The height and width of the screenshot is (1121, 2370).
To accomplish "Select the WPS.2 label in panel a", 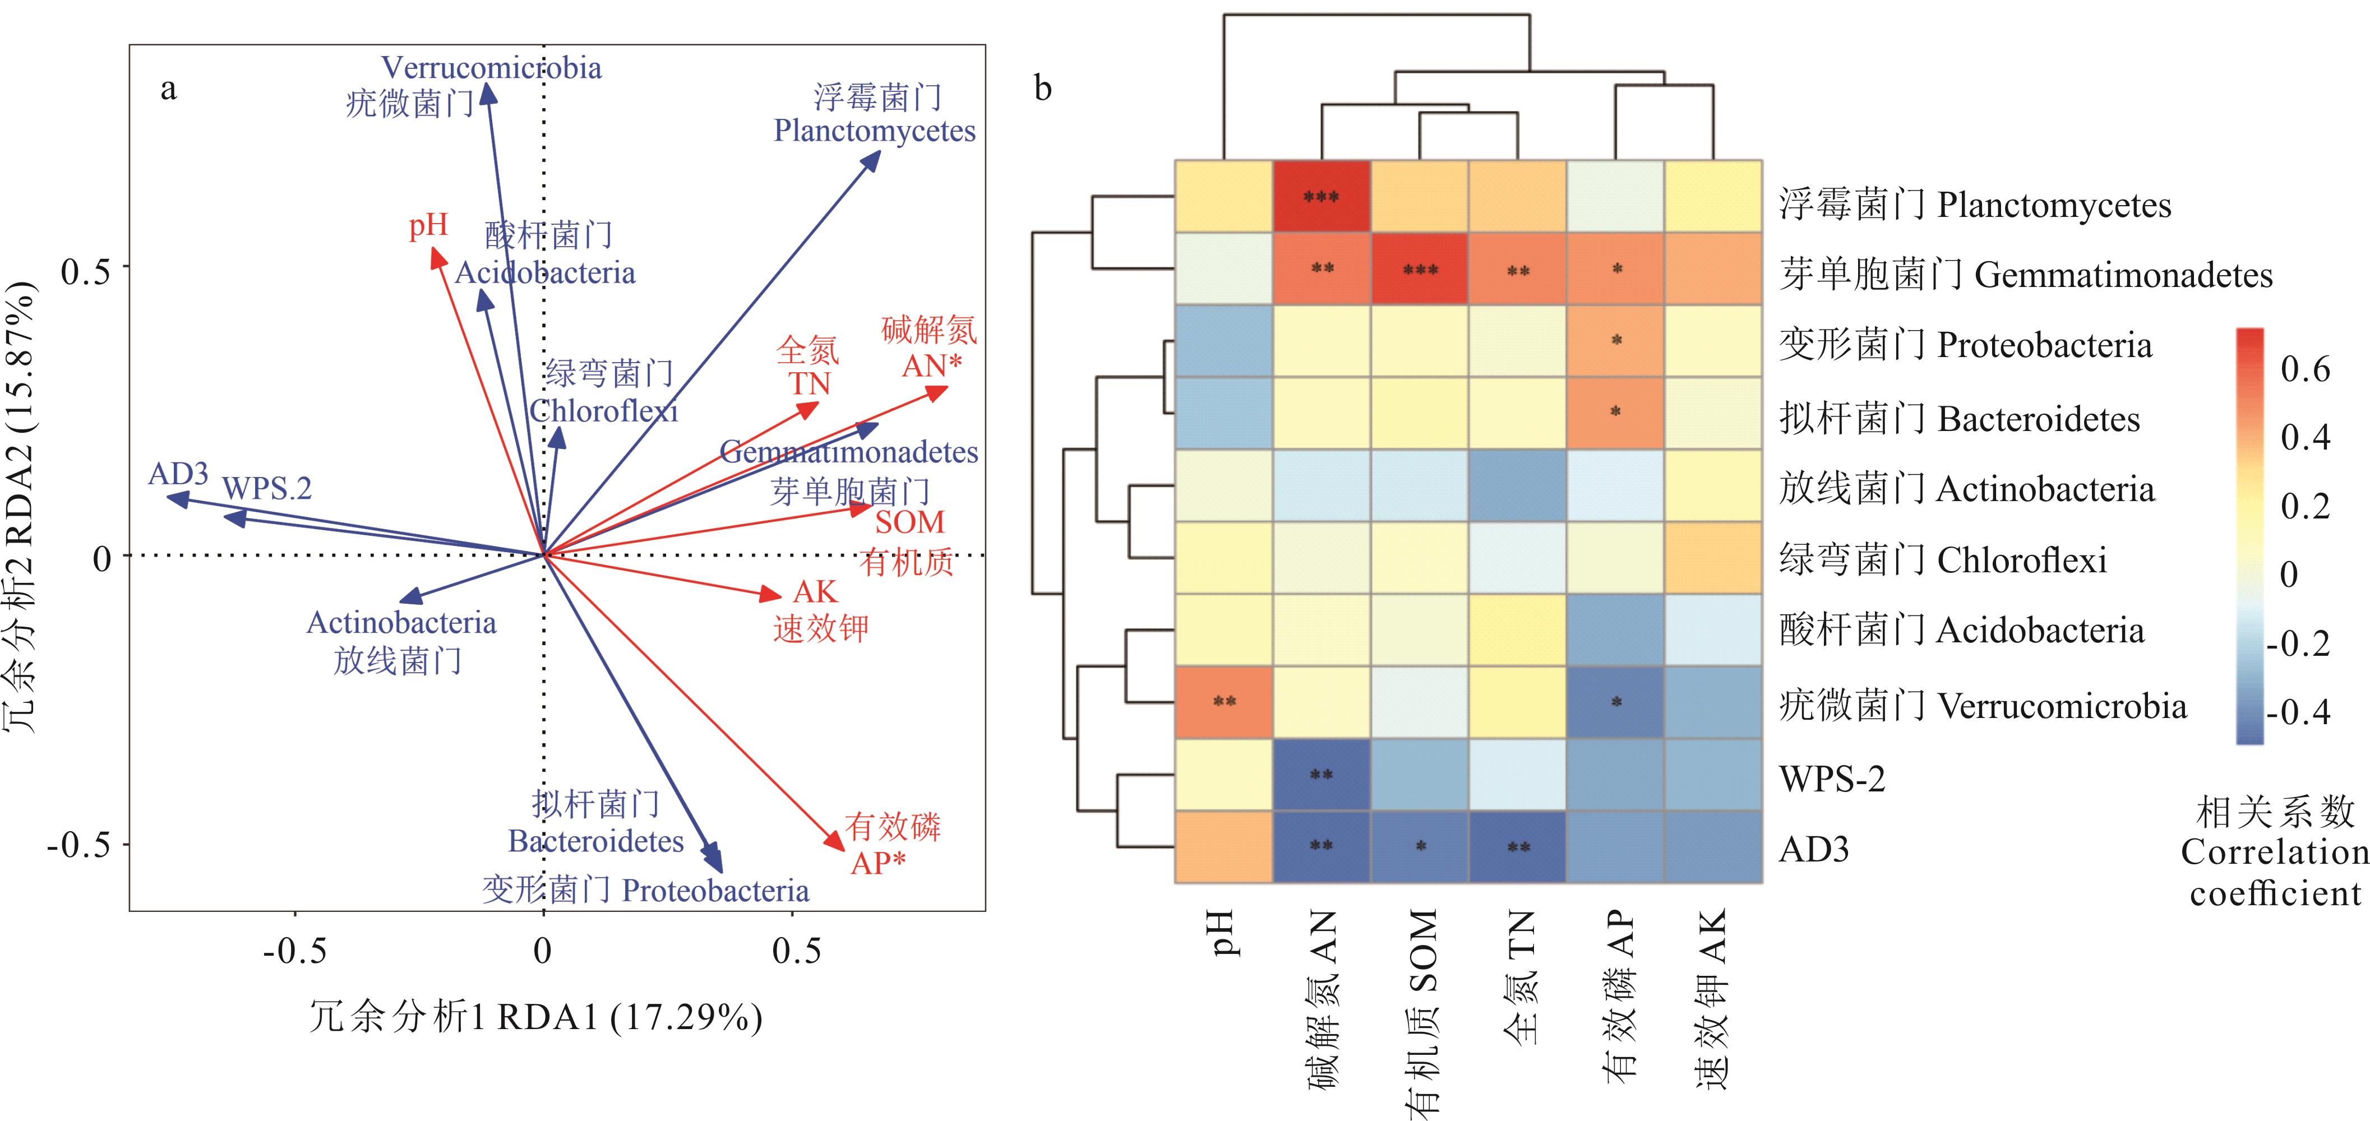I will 267,488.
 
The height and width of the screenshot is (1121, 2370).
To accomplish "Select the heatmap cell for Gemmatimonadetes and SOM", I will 1420,268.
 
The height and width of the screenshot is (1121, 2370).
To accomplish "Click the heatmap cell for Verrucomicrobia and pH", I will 1223,702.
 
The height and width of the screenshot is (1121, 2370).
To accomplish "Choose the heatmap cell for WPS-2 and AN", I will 1321,774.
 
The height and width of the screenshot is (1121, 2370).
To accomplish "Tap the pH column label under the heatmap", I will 1225,933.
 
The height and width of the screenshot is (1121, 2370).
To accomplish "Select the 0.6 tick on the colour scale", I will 2304,370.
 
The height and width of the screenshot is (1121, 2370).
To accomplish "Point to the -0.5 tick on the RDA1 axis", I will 294,951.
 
